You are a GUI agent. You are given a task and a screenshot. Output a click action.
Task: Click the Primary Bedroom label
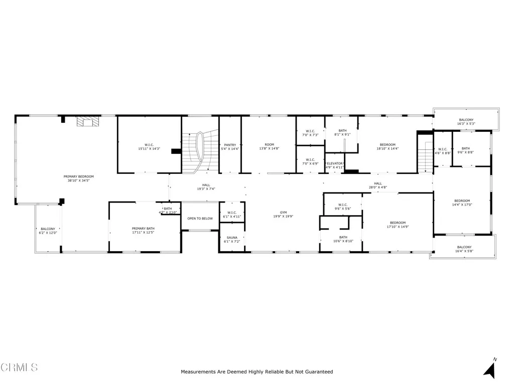tap(78, 178)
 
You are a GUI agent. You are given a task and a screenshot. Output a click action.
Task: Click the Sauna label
tap(232, 240)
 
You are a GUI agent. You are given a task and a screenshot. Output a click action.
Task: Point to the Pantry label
tap(230, 147)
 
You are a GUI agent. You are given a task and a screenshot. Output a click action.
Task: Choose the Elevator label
tap(334, 165)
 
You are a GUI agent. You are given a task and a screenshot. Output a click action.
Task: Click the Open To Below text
tap(200, 219)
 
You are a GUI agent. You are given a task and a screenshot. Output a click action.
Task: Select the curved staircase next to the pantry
tap(200, 150)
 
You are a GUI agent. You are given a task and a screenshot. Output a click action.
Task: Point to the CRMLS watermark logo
tap(19, 367)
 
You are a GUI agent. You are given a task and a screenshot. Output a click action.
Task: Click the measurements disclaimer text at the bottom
tap(256, 372)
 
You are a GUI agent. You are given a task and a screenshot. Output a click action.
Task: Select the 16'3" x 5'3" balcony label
tap(466, 122)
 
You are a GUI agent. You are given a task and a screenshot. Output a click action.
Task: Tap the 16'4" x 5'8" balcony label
tap(464, 249)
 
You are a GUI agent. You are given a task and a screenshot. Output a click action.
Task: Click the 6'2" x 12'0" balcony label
tap(48, 231)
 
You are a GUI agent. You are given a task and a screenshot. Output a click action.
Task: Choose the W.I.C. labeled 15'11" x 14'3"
tap(149, 147)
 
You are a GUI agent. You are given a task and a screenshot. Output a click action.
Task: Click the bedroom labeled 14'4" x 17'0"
tap(462, 203)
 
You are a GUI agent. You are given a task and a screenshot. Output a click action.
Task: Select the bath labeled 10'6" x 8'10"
tap(343, 239)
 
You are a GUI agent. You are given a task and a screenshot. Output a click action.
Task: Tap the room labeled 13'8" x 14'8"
tap(269, 147)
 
